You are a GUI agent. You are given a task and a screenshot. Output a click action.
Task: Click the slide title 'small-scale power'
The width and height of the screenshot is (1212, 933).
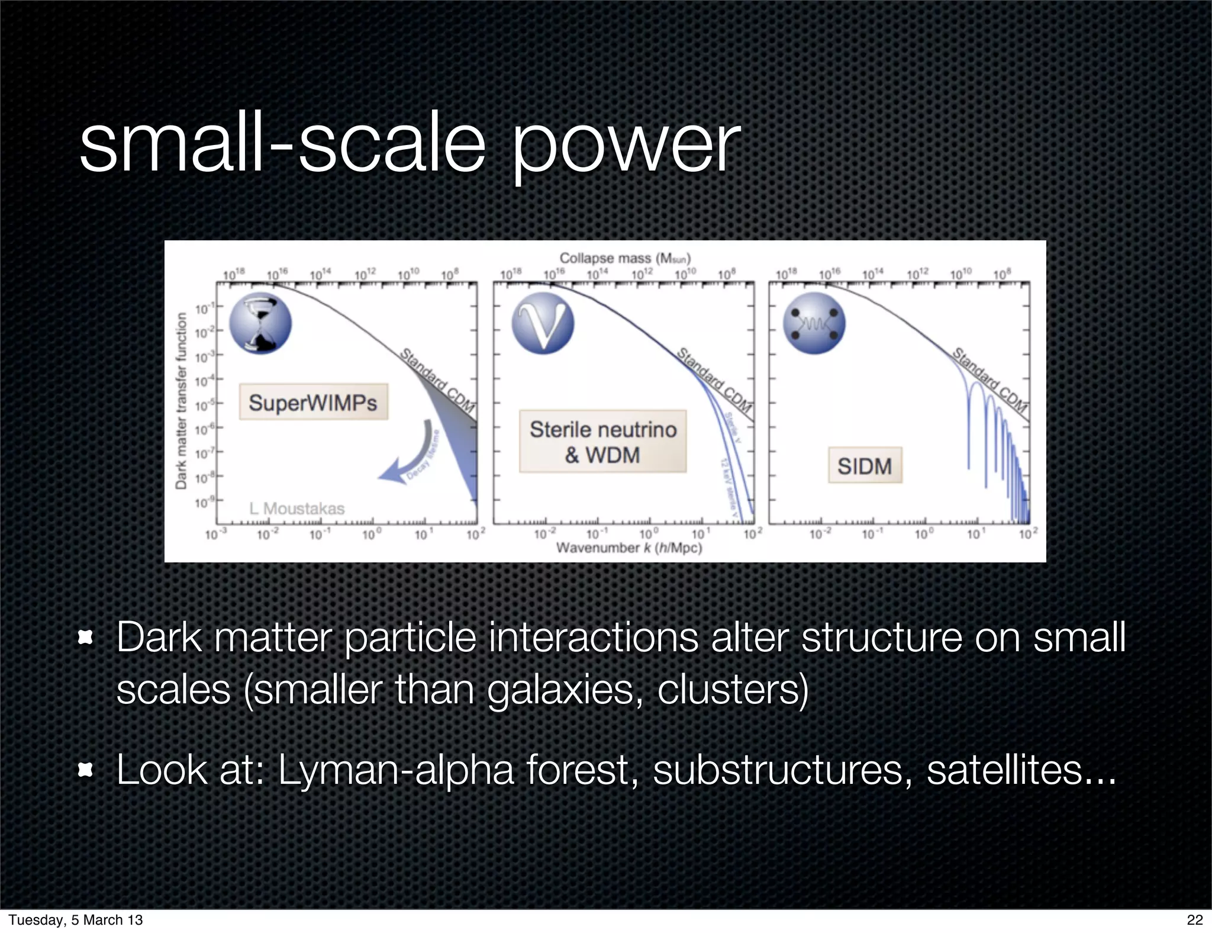(409, 145)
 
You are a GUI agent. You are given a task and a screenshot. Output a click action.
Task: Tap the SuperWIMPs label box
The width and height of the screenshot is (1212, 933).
(313, 403)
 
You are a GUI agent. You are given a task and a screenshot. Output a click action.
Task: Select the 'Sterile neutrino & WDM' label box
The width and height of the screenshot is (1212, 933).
(602, 442)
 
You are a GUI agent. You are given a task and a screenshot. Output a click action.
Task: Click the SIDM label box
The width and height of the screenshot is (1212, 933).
(865, 466)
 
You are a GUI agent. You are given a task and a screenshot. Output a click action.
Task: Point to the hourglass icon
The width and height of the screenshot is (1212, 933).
(260, 324)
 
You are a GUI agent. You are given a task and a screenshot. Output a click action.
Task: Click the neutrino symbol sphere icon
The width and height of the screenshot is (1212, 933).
(543, 324)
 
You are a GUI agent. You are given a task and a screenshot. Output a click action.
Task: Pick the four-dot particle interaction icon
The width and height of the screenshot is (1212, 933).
(814, 324)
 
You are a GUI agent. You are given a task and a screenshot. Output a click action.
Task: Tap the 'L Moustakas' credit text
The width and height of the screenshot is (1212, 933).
(296, 509)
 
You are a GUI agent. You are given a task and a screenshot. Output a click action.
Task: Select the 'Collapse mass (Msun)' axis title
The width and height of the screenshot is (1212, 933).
(625, 258)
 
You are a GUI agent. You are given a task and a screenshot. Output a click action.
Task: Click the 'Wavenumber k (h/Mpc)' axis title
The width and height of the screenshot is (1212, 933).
(628, 548)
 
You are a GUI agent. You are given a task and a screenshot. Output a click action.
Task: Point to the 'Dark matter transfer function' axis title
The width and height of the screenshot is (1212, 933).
(181, 401)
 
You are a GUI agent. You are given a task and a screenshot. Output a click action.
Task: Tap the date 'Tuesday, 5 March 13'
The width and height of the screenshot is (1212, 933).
(76, 919)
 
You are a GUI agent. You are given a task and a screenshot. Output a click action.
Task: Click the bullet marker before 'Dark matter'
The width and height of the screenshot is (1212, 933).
(86, 638)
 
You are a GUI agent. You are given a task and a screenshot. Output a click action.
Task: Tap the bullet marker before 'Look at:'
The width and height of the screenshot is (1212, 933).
(86, 770)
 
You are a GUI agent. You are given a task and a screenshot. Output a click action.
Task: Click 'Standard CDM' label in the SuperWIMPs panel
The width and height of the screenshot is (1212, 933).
(438, 381)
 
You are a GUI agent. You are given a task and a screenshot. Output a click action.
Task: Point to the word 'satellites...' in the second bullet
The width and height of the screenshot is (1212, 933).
(1021, 770)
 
